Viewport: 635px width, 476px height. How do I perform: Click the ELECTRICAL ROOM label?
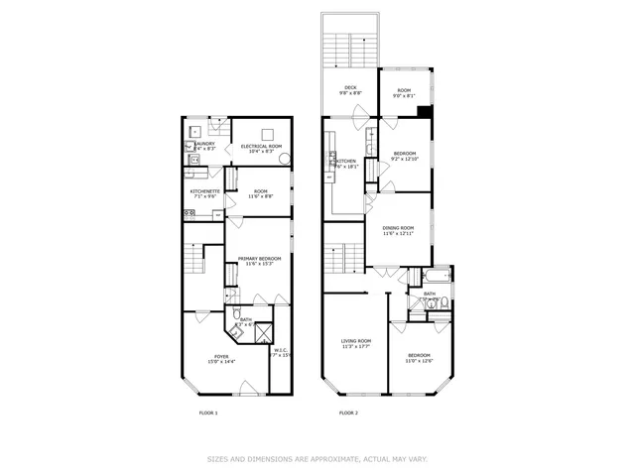(x=261, y=146)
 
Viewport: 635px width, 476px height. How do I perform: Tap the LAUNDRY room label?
(x=204, y=143)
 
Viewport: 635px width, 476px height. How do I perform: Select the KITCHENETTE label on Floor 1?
(x=206, y=190)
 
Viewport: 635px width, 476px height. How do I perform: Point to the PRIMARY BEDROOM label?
(x=259, y=258)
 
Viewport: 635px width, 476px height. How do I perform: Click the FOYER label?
(x=221, y=356)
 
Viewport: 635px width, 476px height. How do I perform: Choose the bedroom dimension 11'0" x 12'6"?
(x=418, y=361)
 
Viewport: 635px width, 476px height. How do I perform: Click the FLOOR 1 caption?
(x=208, y=413)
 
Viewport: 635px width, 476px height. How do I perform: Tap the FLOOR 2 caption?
(x=348, y=413)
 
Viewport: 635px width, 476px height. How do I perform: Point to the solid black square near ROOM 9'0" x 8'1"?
(x=425, y=111)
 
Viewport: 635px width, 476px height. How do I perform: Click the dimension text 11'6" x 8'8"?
(x=261, y=196)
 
